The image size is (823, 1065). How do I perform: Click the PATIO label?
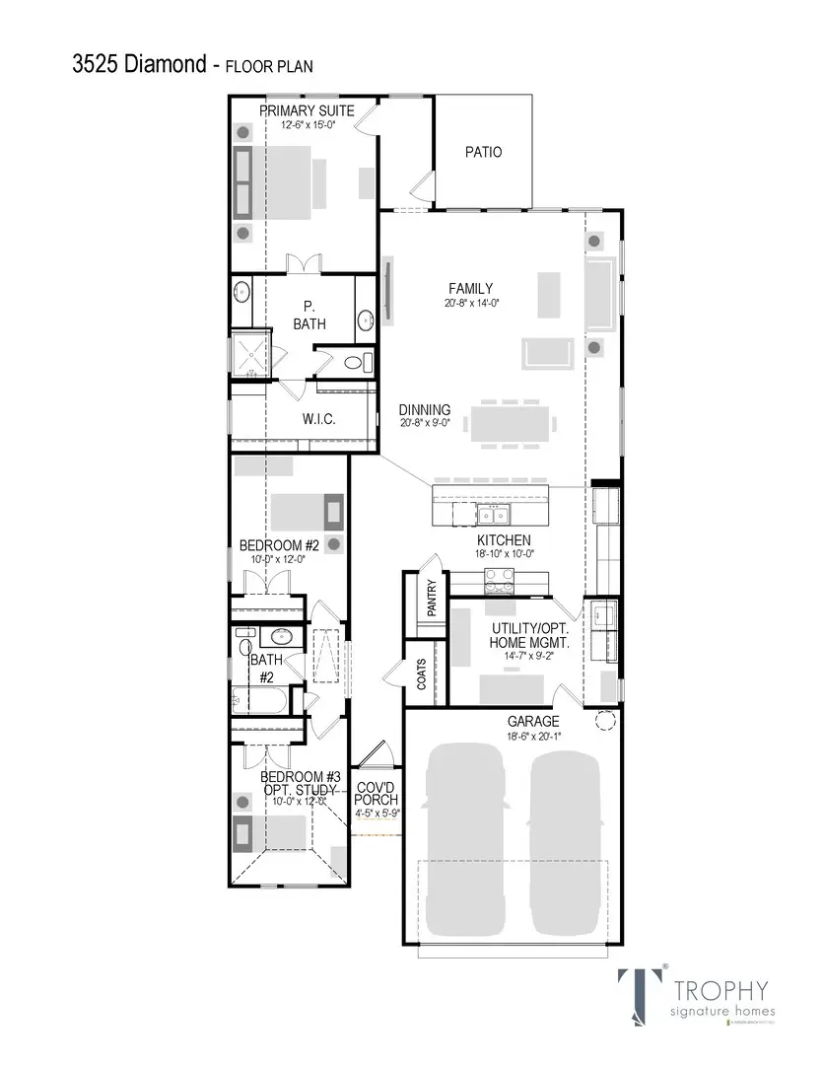483,152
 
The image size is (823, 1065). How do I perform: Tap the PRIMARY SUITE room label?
307,110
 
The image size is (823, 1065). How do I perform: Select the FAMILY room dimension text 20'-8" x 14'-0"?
472,304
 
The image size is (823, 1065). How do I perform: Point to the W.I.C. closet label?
318,419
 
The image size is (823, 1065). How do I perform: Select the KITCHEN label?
504,540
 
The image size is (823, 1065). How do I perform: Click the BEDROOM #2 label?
279,545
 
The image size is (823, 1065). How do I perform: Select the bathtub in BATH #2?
260,703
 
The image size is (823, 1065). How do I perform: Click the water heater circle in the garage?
604,722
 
